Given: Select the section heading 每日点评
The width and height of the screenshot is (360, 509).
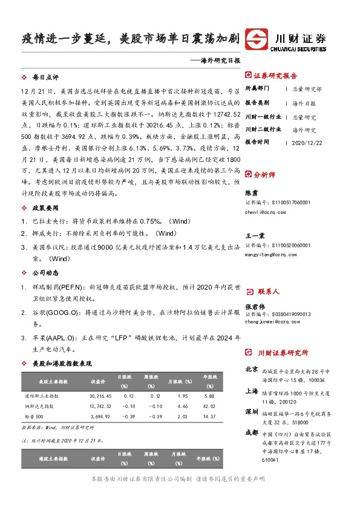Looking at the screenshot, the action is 45,78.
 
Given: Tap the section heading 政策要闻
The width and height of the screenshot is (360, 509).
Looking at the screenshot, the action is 45,207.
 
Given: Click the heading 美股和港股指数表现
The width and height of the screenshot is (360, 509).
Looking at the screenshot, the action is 62,363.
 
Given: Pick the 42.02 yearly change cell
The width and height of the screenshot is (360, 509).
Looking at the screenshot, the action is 209,406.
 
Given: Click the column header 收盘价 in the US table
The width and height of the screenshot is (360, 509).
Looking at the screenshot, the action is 97,381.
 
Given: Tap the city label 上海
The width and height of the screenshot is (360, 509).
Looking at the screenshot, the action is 252,391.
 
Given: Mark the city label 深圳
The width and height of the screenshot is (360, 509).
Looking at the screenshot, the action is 252,411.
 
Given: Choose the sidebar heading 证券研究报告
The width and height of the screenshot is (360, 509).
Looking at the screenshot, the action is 275,76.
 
